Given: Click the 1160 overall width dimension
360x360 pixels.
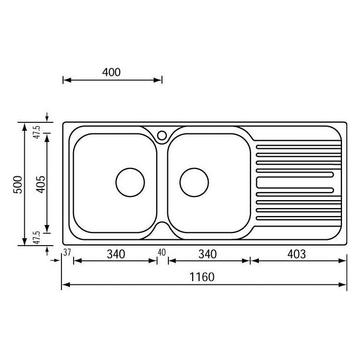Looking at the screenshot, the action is click(x=202, y=277).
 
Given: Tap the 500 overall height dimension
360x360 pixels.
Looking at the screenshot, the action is click(x=18, y=185).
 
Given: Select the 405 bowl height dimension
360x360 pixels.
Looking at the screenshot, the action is click(x=41, y=184).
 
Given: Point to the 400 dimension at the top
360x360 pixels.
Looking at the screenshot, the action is click(x=111, y=73).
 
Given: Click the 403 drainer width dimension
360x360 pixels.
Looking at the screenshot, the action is click(x=296, y=254).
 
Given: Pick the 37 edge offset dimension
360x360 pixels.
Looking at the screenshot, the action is click(x=67, y=253).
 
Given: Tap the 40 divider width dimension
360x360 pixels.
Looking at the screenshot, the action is click(x=161, y=253).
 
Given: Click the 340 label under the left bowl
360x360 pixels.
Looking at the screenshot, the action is click(x=116, y=254).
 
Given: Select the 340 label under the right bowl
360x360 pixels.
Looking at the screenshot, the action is click(x=208, y=254).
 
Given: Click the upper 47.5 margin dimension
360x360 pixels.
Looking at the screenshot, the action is click(x=37, y=132).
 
